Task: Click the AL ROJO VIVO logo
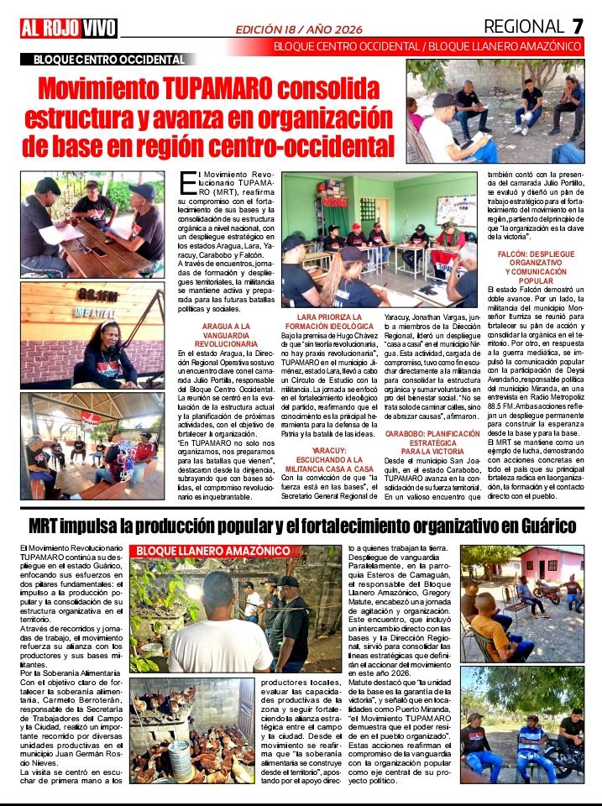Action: (69, 29)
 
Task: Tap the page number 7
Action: (577, 27)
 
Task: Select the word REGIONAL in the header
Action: (523, 27)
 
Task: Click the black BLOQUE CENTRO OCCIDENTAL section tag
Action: (109, 60)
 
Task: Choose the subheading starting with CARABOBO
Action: (427, 442)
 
